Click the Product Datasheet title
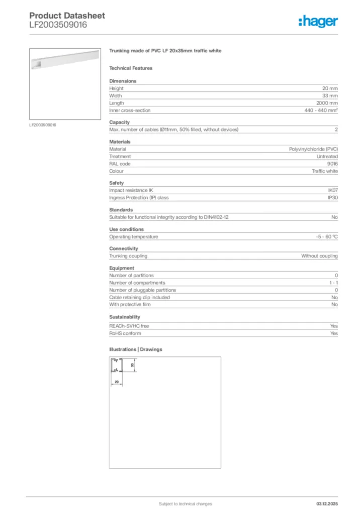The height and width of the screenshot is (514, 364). point(67,16)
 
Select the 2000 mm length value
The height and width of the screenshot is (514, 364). point(326,103)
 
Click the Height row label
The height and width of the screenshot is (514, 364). point(116,88)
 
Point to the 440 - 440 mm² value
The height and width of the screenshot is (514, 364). point(321,110)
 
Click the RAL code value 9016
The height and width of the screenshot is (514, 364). point(332,164)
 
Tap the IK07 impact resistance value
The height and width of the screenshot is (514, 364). point(332,190)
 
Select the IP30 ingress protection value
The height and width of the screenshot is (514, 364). point(332,198)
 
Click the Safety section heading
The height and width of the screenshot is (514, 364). point(116,183)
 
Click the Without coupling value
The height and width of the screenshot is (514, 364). point(319,256)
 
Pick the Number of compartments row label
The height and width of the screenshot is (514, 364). point(137,283)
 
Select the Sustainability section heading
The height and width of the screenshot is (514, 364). point(125,317)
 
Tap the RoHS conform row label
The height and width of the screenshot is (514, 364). point(125,333)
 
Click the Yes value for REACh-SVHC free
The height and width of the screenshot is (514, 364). point(334,326)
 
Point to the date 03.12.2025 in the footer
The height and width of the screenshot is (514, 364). point(327,503)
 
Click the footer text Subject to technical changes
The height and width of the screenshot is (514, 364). point(185,503)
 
